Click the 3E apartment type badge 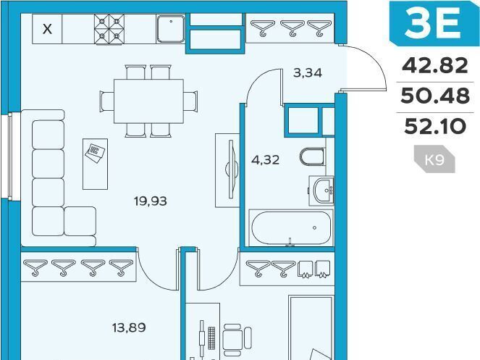(x=434, y=22)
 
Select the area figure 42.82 (x=434, y=66)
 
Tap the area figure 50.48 (x=434, y=96)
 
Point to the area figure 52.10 (x=435, y=126)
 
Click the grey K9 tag (x=434, y=159)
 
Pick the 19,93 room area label (x=151, y=201)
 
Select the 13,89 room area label (x=129, y=328)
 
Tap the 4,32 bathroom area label (x=265, y=159)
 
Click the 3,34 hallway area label (x=308, y=73)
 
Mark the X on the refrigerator (x=47, y=30)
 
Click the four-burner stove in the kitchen (x=109, y=30)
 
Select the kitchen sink (x=171, y=29)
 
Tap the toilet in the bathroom (x=312, y=156)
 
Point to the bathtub (x=291, y=228)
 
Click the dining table (x=148, y=101)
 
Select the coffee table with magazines (x=96, y=164)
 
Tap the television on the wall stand (x=231, y=169)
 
